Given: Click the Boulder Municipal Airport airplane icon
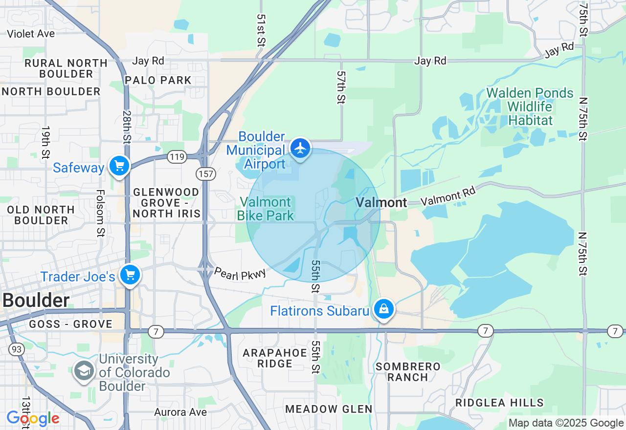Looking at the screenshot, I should (x=300, y=148).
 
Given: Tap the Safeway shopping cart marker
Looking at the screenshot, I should (x=119, y=166).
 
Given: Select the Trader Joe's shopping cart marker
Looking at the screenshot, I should (x=130, y=275).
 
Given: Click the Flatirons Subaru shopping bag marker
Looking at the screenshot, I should (x=384, y=309).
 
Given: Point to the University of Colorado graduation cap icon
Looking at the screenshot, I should (x=84, y=371).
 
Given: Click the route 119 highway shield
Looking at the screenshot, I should (x=176, y=157).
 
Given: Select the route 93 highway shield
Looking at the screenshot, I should (x=16, y=349).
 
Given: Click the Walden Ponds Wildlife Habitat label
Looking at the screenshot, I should (x=530, y=107).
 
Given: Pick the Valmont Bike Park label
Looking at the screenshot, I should (x=266, y=209).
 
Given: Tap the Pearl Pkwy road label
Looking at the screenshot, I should (x=240, y=274).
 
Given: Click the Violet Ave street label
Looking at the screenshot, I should (x=31, y=34).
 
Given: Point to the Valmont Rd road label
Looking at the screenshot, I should (x=448, y=197).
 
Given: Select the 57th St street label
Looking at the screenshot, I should (x=341, y=87).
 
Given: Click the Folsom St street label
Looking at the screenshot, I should (x=100, y=213).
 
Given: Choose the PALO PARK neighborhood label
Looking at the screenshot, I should (x=158, y=80).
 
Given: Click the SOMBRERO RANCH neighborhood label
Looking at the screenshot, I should (x=408, y=372).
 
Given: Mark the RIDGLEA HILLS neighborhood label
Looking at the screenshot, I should (x=499, y=403).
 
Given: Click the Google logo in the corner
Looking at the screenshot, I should (x=33, y=419).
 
